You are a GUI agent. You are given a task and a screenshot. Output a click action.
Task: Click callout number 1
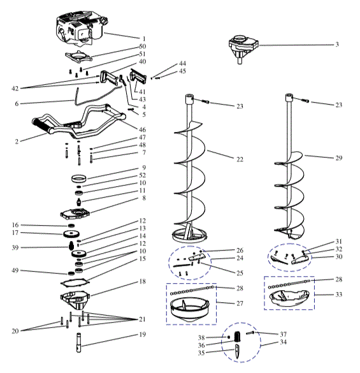143,38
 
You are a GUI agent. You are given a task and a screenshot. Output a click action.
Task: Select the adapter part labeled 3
243,48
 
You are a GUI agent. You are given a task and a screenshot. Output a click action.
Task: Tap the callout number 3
336,45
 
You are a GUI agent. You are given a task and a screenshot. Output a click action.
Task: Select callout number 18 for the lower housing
143,281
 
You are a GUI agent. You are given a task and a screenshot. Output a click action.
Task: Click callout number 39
14,247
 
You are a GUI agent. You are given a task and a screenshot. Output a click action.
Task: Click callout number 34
283,342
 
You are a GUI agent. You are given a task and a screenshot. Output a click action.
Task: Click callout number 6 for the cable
16,103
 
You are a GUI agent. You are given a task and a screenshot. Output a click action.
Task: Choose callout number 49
14,271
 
